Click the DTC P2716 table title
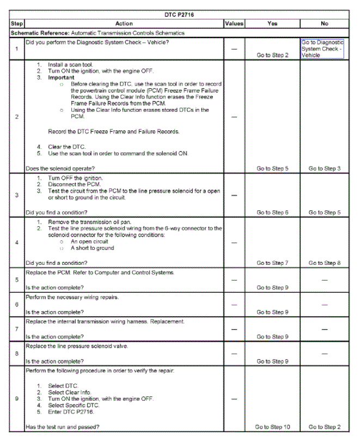(180, 15)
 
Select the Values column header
(234, 24)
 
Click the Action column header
(124, 24)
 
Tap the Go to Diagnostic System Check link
(321, 49)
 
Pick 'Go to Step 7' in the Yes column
(272, 263)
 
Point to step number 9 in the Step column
(16, 398)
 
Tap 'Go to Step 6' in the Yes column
(272, 212)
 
